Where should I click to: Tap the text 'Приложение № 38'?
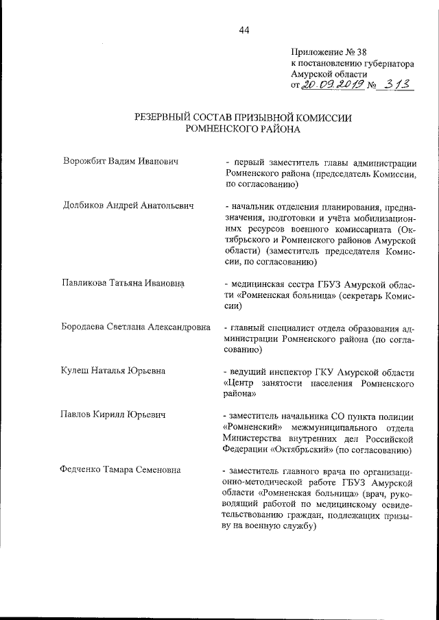(x=329, y=51)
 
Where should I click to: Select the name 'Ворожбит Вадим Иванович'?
(x=120, y=162)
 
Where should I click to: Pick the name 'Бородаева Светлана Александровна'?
(x=136, y=327)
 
